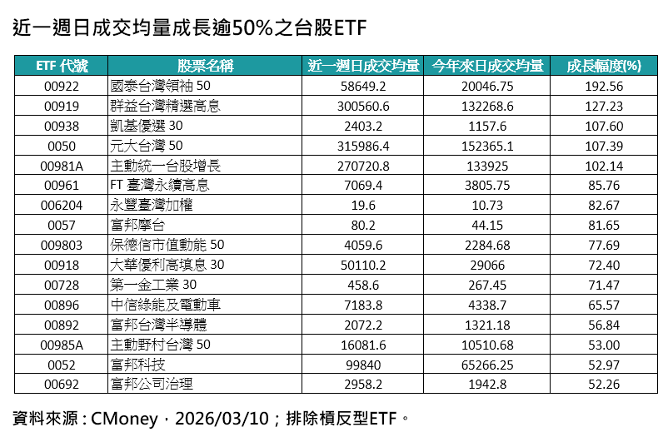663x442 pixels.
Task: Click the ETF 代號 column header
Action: (x=61, y=67)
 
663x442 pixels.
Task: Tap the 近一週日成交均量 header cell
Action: (x=363, y=67)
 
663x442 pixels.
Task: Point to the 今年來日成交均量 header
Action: (x=487, y=67)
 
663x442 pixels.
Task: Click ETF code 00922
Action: (x=61, y=86)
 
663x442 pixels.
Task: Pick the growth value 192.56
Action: (x=604, y=86)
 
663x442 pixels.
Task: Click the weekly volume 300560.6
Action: (x=363, y=106)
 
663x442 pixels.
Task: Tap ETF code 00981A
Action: (x=61, y=166)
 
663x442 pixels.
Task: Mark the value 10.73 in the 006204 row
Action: (x=487, y=205)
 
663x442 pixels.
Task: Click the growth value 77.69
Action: (x=604, y=245)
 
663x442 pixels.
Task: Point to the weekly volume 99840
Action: (x=363, y=364)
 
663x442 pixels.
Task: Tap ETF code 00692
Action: (x=61, y=384)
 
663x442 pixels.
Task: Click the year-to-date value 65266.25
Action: (x=487, y=364)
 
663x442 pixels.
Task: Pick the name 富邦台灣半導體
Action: (x=157, y=325)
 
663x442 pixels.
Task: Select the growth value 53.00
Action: (x=604, y=344)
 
